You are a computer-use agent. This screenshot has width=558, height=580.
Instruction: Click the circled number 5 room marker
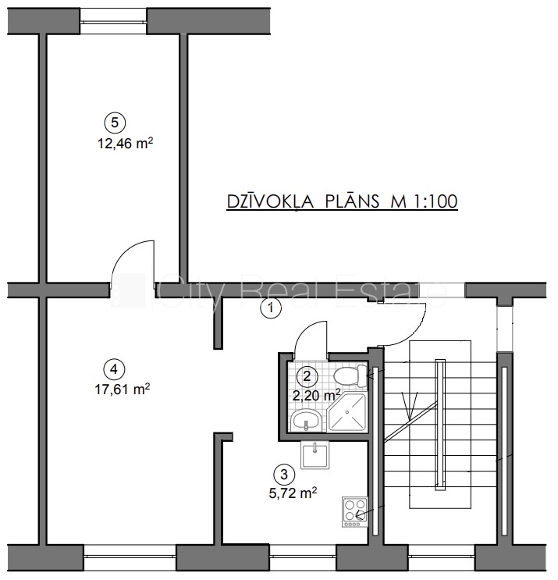(115, 123)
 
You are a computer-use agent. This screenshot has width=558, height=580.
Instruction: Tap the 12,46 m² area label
(125, 143)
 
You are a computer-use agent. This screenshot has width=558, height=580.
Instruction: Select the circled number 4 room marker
(114, 369)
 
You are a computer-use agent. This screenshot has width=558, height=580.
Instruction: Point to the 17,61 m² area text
(123, 389)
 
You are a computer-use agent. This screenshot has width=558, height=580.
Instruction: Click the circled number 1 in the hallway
(271, 308)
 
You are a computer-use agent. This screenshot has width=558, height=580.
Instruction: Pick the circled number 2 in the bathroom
(307, 376)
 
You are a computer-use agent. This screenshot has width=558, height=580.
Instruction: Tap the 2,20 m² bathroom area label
(317, 396)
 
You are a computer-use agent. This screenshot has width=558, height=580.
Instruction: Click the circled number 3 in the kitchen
(284, 474)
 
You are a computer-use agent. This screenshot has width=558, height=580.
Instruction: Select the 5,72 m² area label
(293, 493)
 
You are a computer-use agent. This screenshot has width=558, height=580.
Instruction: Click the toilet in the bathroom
(350, 375)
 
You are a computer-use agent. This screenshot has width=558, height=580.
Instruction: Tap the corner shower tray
(347, 412)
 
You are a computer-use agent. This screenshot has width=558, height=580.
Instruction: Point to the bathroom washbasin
(306, 421)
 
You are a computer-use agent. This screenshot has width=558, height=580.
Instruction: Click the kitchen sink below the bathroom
(315, 455)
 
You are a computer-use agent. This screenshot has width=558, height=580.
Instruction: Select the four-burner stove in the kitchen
(354, 512)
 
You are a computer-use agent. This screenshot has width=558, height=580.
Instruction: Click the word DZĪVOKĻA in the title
(270, 202)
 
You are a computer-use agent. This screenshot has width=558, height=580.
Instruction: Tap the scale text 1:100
(435, 202)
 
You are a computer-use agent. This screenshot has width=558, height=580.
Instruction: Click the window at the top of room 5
(113, 21)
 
